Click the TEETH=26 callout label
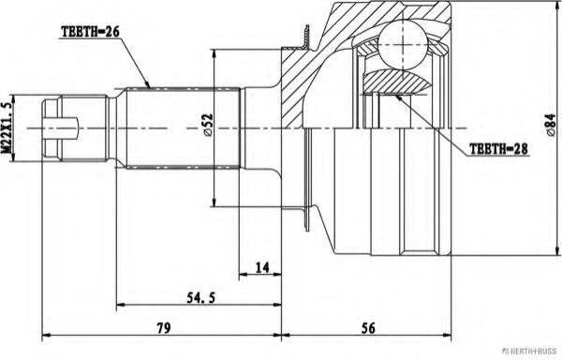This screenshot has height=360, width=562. click(90, 32)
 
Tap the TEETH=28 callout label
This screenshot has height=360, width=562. click(498, 149)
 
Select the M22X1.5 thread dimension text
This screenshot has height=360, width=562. click(6, 128)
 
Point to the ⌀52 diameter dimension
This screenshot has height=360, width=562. click(208, 126)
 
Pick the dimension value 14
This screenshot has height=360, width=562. click(262, 267)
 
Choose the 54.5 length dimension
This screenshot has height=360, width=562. click(200, 297)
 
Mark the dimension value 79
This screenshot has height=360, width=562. click(164, 328)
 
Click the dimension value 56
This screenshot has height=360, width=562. click(368, 328)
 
